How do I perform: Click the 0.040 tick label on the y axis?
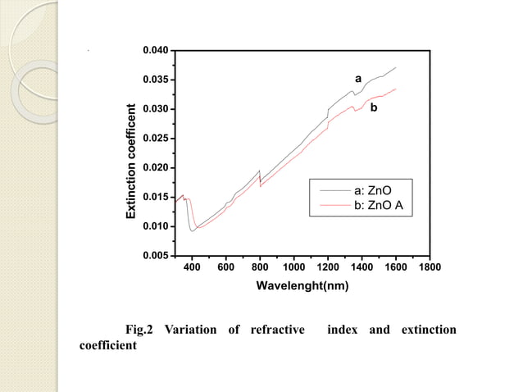[156, 51]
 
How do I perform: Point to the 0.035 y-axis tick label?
[156, 80]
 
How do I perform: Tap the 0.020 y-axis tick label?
[156, 168]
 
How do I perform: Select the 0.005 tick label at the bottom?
[156, 256]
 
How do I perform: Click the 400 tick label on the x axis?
[192, 267]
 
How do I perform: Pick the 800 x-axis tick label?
[260, 267]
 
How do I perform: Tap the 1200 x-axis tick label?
[328, 267]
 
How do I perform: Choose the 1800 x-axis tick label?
[430, 267]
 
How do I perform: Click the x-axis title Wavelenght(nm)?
[303, 286]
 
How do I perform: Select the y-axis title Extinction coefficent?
[130, 162]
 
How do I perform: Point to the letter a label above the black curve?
[357, 78]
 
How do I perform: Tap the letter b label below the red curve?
[374, 107]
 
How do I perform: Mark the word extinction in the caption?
[428, 330]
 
